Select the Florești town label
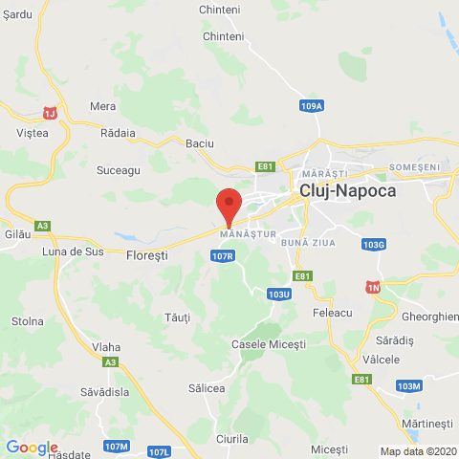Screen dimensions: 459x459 click(x=147, y=256)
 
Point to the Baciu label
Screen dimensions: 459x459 click(x=200, y=143)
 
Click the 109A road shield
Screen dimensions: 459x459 click(x=311, y=105)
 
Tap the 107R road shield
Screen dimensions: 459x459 click(x=223, y=256)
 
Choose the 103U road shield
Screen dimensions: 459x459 click(x=279, y=295)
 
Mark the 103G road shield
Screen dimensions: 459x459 click(x=375, y=245)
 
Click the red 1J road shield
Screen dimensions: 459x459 click(x=51, y=113)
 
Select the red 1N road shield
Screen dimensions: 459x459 click(x=373, y=287)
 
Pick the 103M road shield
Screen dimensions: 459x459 click(x=408, y=385)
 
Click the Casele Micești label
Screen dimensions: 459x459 click(x=269, y=343)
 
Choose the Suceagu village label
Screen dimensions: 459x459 click(x=119, y=169)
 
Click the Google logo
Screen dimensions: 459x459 click(x=32, y=448)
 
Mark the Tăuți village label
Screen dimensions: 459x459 click(x=178, y=317)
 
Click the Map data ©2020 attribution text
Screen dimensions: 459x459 click(x=418, y=451)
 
